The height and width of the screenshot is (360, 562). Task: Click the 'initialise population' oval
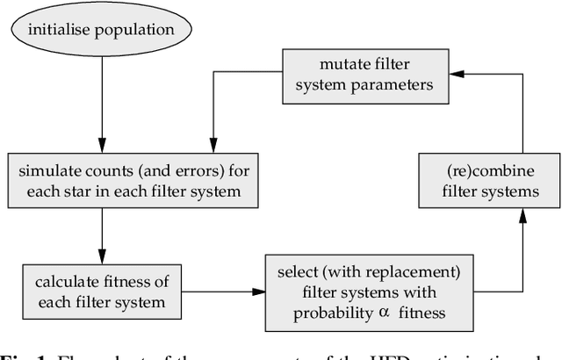(x=101, y=31)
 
